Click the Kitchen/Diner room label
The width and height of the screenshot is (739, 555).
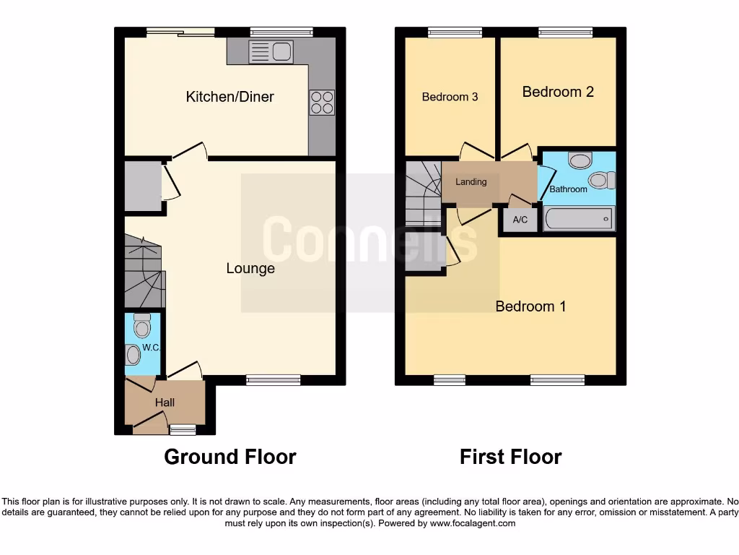pyautogui.click(x=229, y=97)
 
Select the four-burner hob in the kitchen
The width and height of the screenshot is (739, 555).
pyautogui.click(x=322, y=102)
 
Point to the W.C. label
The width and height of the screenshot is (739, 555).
pyautogui.click(x=150, y=348)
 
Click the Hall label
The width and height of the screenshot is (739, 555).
pyautogui.click(x=165, y=403)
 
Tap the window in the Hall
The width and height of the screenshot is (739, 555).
pyautogui.click(x=183, y=431)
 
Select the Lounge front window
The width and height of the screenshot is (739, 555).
pyautogui.click(x=273, y=380)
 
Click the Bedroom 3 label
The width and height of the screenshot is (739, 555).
pyautogui.click(x=450, y=97)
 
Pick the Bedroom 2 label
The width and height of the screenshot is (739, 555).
pyautogui.click(x=558, y=92)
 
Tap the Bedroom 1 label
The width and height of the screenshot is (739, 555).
pyautogui.click(x=530, y=306)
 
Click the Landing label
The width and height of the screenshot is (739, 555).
pyautogui.click(x=471, y=182)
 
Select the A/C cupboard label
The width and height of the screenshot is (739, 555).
pyautogui.click(x=520, y=220)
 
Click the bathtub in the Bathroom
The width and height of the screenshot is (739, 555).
pyautogui.click(x=580, y=218)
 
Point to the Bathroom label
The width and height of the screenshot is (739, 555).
pyautogui.click(x=569, y=189)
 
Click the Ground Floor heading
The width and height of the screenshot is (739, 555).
pyautogui.click(x=229, y=457)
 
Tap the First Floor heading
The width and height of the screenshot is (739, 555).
pyautogui.click(x=510, y=457)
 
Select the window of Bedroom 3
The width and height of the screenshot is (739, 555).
pyautogui.click(x=450, y=32)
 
